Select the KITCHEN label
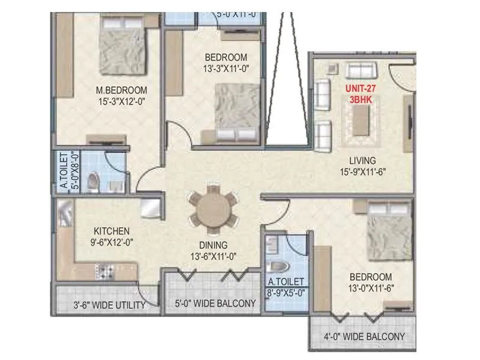tap(111, 230)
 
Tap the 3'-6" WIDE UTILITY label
tap(109, 305)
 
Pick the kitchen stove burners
tap(107, 272)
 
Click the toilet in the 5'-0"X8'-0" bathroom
tap(92, 181)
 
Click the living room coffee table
tap(362, 124)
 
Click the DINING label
tap(214, 245)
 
